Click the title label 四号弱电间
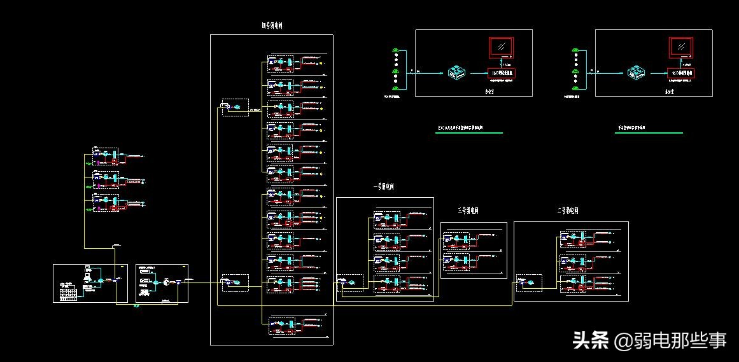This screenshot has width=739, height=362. pyautogui.click(x=272, y=26)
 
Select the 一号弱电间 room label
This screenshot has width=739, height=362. pyautogui.click(x=384, y=188)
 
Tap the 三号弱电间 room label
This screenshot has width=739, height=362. pyautogui.click(x=468, y=211)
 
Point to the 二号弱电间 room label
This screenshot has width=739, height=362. pyautogui.click(x=567, y=211)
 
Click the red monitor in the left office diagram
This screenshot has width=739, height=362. pyautogui.click(x=501, y=47)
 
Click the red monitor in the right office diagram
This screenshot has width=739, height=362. pyautogui.click(x=681, y=47)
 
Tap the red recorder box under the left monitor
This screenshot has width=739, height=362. pyautogui.click(x=500, y=73)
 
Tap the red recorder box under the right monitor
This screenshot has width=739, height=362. pyautogui.click(x=681, y=73)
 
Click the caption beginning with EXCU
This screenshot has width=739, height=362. pyautogui.click(x=460, y=129)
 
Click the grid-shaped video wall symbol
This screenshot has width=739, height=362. pyautogui.click(x=67, y=294)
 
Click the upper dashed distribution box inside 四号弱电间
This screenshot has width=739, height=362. pyautogui.click(x=234, y=106)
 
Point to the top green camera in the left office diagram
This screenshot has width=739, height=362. pyautogui.click(x=396, y=50)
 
